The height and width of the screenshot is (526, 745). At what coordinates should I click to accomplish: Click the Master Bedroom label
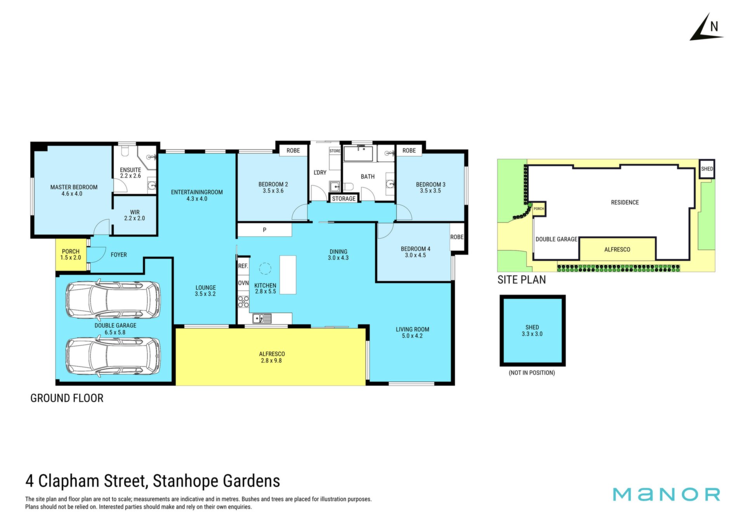click(74, 190)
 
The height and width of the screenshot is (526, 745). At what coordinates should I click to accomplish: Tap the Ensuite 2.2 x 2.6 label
click(130, 173)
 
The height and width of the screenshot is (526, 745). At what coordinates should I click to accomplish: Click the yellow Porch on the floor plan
click(71, 255)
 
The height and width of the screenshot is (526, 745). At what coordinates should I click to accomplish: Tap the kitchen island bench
click(288, 274)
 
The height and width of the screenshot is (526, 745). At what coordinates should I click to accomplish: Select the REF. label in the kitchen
click(243, 266)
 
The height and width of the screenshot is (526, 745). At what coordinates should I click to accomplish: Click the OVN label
click(243, 283)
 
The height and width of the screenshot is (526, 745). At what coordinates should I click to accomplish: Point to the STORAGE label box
click(344, 198)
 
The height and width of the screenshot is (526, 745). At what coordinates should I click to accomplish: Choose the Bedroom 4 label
click(416, 252)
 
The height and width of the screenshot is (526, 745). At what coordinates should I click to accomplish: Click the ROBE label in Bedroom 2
click(293, 150)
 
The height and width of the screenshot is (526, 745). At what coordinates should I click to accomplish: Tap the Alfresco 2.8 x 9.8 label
click(272, 357)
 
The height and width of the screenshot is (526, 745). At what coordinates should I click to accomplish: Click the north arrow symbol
click(706, 27)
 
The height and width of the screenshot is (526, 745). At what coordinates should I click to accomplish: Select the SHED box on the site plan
click(707, 169)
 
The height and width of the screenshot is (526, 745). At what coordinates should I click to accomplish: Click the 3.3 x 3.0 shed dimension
click(532, 334)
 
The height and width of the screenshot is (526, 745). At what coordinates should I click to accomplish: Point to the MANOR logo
click(666, 494)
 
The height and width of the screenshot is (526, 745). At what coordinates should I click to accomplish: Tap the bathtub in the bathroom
click(358, 153)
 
